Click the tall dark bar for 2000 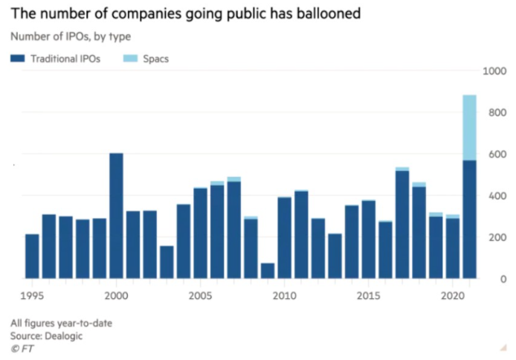pyautogui.click(x=116, y=216)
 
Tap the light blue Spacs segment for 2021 pyautogui.click(x=469, y=127)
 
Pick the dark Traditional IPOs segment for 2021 pyautogui.click(x=469, y=219)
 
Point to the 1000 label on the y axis pyautogui.click(x=493, y=71)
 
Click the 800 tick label pyautogui.click(x=495, y=113)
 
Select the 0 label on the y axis pyautogui.click(x=502, y=279)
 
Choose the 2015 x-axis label pyautogui.click(x=368, y=295)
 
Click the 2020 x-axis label pyautogui.click(x=452, y=295)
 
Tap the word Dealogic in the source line pyautogui.click(x=65, y=335)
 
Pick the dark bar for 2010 pyautogui.click(x=284, y=238)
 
